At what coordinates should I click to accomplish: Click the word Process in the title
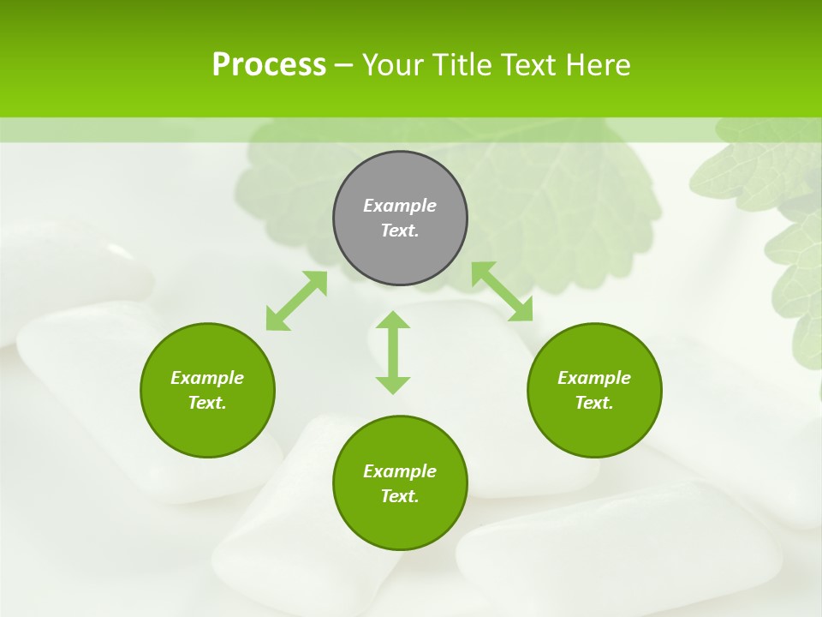[269, 65]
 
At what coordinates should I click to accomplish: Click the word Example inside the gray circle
[400, 206]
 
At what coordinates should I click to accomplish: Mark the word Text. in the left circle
[207, 403]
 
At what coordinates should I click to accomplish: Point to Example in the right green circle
[594, 378]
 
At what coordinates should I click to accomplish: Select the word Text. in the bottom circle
[400, 496]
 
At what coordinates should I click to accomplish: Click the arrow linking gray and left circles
[296, 301]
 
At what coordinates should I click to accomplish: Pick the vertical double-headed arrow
[393, 352]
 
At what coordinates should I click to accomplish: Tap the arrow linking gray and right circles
[502, 291]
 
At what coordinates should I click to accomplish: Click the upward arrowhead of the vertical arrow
[393, 320]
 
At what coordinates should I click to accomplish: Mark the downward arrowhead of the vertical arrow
[393, 385]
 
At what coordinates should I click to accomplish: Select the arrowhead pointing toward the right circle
[521, 311]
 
